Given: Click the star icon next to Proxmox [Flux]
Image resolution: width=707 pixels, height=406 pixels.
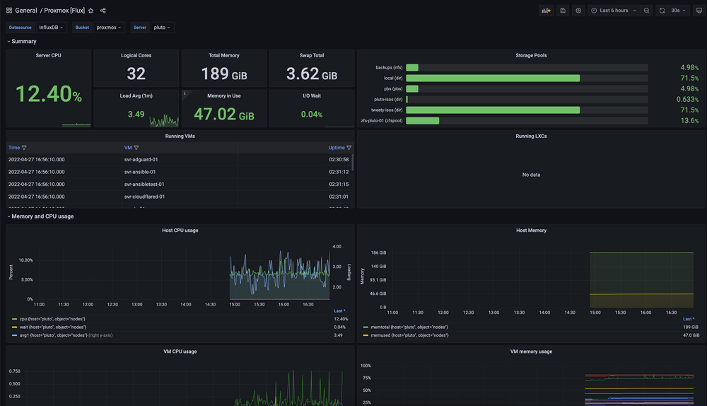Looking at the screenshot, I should click(90, 11).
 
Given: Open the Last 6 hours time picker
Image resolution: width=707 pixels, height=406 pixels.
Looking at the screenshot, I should click(614, 11).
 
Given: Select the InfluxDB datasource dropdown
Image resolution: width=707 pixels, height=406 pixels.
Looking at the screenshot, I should click(52, 28).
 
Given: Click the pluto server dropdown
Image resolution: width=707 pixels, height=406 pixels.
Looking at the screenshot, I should click(163, 28).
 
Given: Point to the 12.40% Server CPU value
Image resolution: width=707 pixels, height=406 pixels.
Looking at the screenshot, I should click(48, 94).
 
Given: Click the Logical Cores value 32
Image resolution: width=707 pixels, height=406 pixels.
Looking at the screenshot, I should click(136, 74).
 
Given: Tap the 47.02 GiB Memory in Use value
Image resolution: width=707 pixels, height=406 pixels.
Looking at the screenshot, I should click(223, 114).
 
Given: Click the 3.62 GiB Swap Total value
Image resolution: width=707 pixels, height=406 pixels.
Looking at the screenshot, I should click(311, 74).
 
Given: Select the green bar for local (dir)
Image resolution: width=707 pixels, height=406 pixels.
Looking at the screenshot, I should click(493, 79).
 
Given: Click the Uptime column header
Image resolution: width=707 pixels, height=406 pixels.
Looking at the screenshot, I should click(337, 148).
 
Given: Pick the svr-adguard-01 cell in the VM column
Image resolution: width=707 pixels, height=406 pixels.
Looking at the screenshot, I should click(141, 160).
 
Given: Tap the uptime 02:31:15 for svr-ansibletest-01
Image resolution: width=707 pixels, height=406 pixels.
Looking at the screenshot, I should click(339, 184).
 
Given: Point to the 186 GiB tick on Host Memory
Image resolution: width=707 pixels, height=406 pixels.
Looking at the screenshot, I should click(378, 253).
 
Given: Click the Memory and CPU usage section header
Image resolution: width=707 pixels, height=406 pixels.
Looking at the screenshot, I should click(42, 216).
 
